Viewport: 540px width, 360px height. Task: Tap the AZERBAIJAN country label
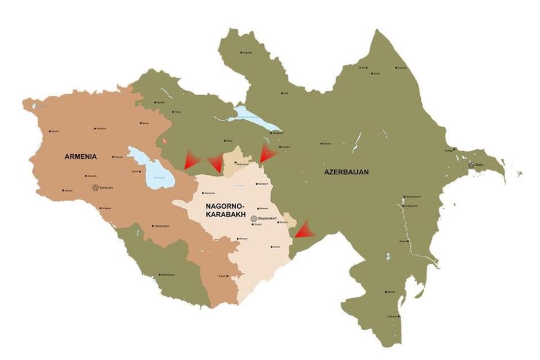[x=346, y=171]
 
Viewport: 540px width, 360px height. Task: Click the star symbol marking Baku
[x=471, y=165]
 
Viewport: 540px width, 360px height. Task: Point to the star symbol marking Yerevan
[x=95, y=187]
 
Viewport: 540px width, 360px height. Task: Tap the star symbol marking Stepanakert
[x=253, y=218]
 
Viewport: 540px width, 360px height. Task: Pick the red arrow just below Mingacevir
[x=267, y=152]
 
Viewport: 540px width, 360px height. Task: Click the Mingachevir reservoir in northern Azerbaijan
[x=252, y=118]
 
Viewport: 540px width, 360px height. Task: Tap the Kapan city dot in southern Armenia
[x=228, y=276]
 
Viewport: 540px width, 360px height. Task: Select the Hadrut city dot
[x=271, y=247]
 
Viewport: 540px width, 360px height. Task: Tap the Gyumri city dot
[x=50, y=131]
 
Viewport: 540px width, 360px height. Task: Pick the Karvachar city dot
[x=202, y=193]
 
